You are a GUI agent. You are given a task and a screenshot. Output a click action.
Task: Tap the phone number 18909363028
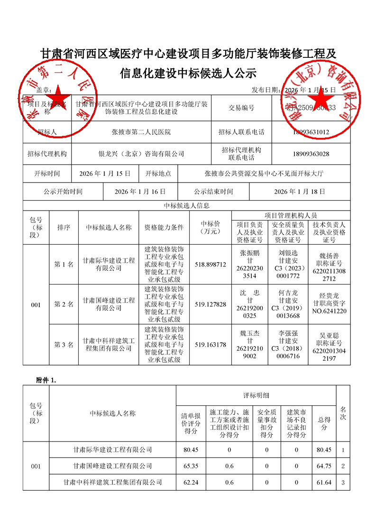coord(311,154)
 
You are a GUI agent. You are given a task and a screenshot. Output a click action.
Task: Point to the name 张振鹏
coord(250,253)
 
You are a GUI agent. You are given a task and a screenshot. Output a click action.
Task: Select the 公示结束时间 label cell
coord(213,192)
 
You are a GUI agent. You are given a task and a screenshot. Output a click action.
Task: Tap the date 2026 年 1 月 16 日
coord(140,192)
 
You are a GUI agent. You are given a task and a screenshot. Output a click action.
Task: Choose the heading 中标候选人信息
coord(187,206)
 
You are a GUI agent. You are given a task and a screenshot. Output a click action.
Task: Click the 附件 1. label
coord(46,380)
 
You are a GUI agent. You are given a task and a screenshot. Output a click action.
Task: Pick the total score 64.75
coord(324,466)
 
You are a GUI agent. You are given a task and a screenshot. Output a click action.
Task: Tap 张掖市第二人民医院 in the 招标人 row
coord(141,132)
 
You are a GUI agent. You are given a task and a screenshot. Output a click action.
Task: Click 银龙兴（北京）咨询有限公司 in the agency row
coord(141,154)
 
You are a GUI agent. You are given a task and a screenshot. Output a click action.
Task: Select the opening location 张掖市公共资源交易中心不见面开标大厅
coord(264,174)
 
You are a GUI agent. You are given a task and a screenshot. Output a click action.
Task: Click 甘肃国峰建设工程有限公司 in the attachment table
coord(113,466)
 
